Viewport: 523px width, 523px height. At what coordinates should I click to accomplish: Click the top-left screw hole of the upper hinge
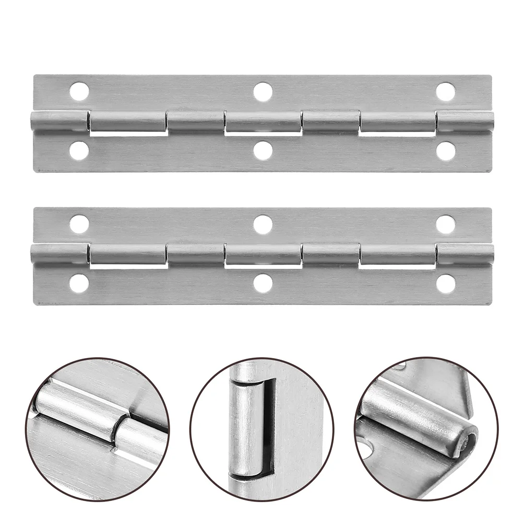(x=79, y=92)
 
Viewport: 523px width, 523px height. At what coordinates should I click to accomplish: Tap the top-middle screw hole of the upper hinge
(x=263, y=92)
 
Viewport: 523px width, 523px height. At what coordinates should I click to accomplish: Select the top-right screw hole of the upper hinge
(x=445, y=92)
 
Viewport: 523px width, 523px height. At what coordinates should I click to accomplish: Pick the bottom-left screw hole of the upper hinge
(x=79, y=151)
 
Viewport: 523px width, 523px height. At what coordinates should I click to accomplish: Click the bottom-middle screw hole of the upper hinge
(x=263, y=151)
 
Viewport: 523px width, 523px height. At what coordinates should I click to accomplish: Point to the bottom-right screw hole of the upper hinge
(x=445, y=151)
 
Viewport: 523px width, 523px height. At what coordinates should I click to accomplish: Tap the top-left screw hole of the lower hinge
(x=79, y=224)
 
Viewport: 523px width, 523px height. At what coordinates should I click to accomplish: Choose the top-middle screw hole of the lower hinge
(x=263, y=224)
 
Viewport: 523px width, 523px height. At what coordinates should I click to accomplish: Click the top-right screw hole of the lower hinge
(x=445, y=224)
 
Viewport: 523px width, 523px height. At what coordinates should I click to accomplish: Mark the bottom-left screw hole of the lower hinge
(x=79, y=283)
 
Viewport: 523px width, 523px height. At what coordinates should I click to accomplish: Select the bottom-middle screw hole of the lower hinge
(x=263, y=283)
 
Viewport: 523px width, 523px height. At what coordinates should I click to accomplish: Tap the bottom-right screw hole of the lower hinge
(x=445, y=283)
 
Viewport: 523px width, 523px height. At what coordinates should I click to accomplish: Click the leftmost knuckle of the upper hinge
(x=58, y=122)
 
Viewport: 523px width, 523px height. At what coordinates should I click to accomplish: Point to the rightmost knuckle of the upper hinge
(x=465, y=122)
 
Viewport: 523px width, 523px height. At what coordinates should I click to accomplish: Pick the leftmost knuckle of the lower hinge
(x=58, y=254)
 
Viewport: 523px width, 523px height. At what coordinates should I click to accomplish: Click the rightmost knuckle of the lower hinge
(x=465, y=254)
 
